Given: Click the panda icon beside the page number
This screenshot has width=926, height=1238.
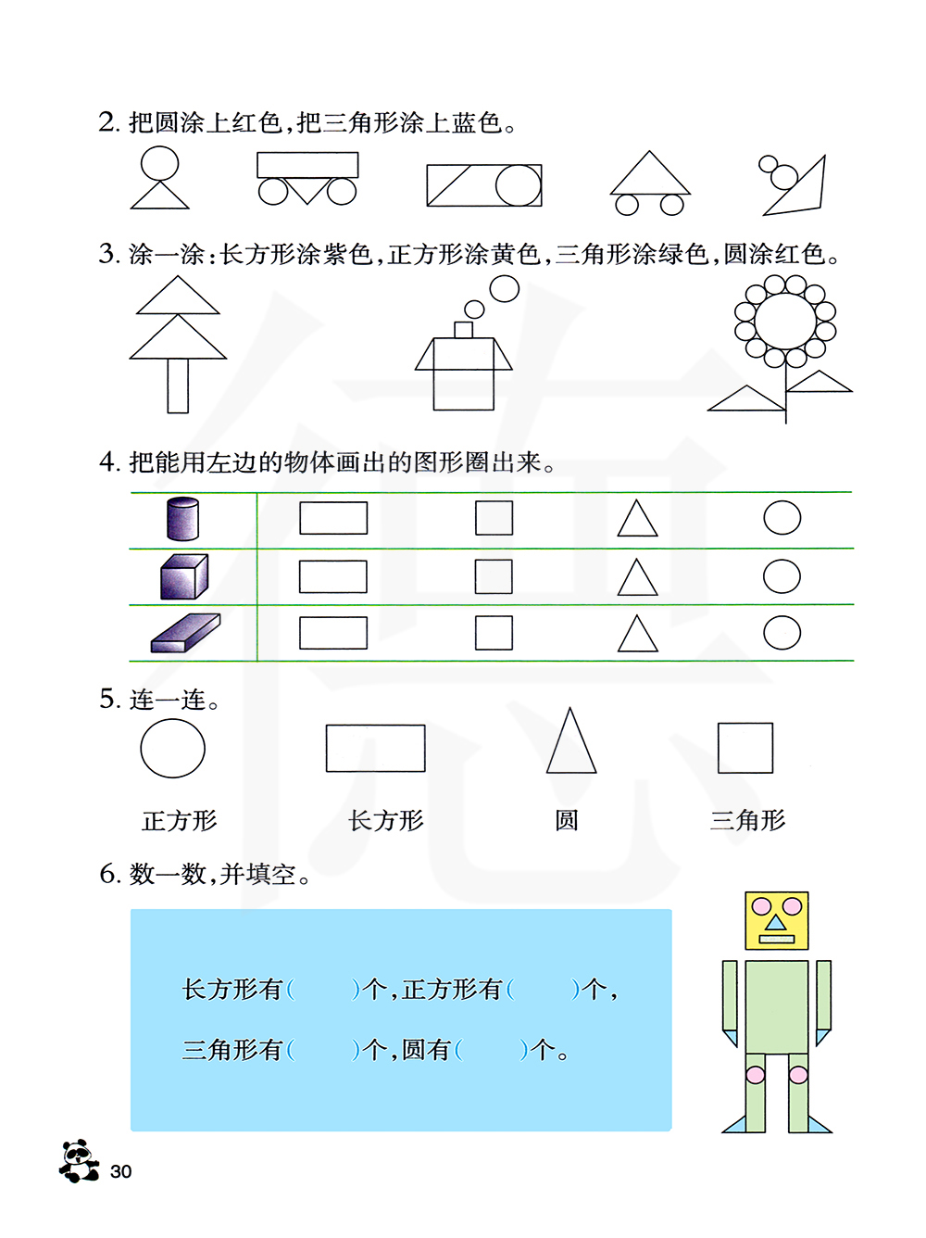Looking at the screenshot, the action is coord(79,1160).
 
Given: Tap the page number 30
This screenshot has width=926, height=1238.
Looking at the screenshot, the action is coord(121,1171).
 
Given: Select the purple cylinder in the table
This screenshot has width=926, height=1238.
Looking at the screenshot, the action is coord(183,518).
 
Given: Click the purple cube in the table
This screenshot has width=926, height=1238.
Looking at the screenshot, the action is coord(184,575).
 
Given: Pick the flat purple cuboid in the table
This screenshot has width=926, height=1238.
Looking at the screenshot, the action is coord(185,633).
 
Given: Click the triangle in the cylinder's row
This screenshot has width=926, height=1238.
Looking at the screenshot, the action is coord(637,518).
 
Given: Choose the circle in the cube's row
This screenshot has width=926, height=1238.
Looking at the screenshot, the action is coord(782,576).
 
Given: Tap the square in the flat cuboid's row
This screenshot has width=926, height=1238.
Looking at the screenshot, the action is coord(494,633).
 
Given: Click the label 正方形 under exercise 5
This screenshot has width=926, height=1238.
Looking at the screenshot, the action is coord(180,821).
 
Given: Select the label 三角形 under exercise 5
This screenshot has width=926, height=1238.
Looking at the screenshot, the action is coord(747,820).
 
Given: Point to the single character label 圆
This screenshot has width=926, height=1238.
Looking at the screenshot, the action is coord(567,821).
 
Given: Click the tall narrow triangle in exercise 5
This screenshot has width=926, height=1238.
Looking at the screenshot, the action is coord(571,740).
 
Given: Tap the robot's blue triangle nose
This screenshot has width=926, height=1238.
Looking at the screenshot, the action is coord(775,923).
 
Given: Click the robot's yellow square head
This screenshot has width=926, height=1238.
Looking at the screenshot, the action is coord(777,920).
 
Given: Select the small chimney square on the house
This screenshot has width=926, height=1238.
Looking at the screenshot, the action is coord(463,330).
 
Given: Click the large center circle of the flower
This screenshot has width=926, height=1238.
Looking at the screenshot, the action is coord(785,322).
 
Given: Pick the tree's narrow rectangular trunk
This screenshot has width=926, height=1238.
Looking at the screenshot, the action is coord(178,386).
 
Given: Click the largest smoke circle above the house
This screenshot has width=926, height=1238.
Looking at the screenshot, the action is coord(505,289).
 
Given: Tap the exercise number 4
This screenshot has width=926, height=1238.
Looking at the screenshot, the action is coord(108,461).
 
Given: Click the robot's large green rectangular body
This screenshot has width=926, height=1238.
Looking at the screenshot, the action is coord(777,1006).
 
